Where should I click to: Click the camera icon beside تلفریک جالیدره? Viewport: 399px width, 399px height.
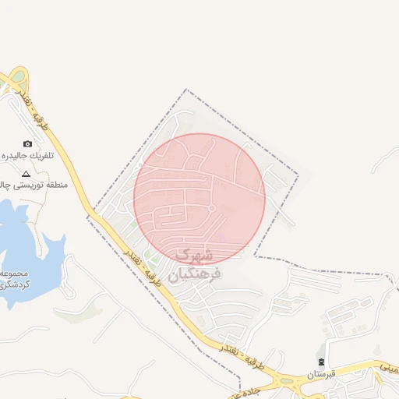(x=28, y=143)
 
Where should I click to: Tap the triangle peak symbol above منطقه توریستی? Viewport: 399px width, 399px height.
(x=26, y=173)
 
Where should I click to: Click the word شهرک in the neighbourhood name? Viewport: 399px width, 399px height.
(x=194, y=255)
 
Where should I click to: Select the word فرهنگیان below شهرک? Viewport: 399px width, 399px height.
(x=195, y=274)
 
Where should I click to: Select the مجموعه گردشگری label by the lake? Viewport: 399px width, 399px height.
(x=16, y=279)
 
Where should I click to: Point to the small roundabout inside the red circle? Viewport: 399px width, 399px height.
(x=211, y=208)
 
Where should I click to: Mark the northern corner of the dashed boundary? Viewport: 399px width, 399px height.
(x=186, y=90)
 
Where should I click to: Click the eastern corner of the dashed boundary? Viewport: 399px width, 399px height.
(x=298, y=174)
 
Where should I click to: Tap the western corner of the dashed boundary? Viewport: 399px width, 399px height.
(x=87, y=216)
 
